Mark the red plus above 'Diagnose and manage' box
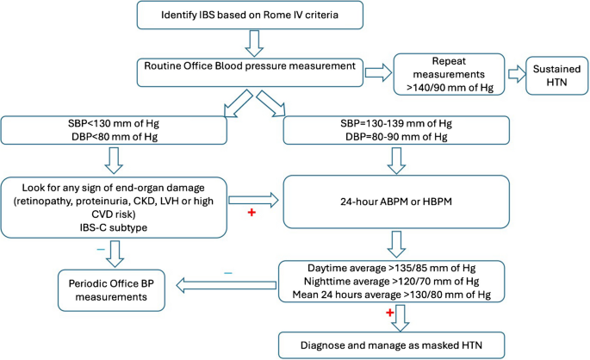pos(364,315)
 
